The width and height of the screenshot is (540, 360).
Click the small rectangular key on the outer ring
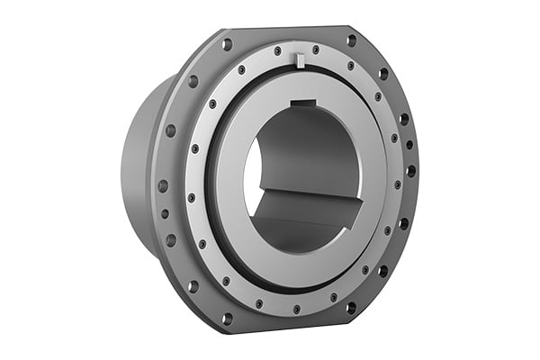point(301,60)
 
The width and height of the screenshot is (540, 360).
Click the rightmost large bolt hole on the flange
point(411,170)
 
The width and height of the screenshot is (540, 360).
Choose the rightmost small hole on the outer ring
point(396,184)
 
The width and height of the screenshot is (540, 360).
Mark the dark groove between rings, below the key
point(301,75)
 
